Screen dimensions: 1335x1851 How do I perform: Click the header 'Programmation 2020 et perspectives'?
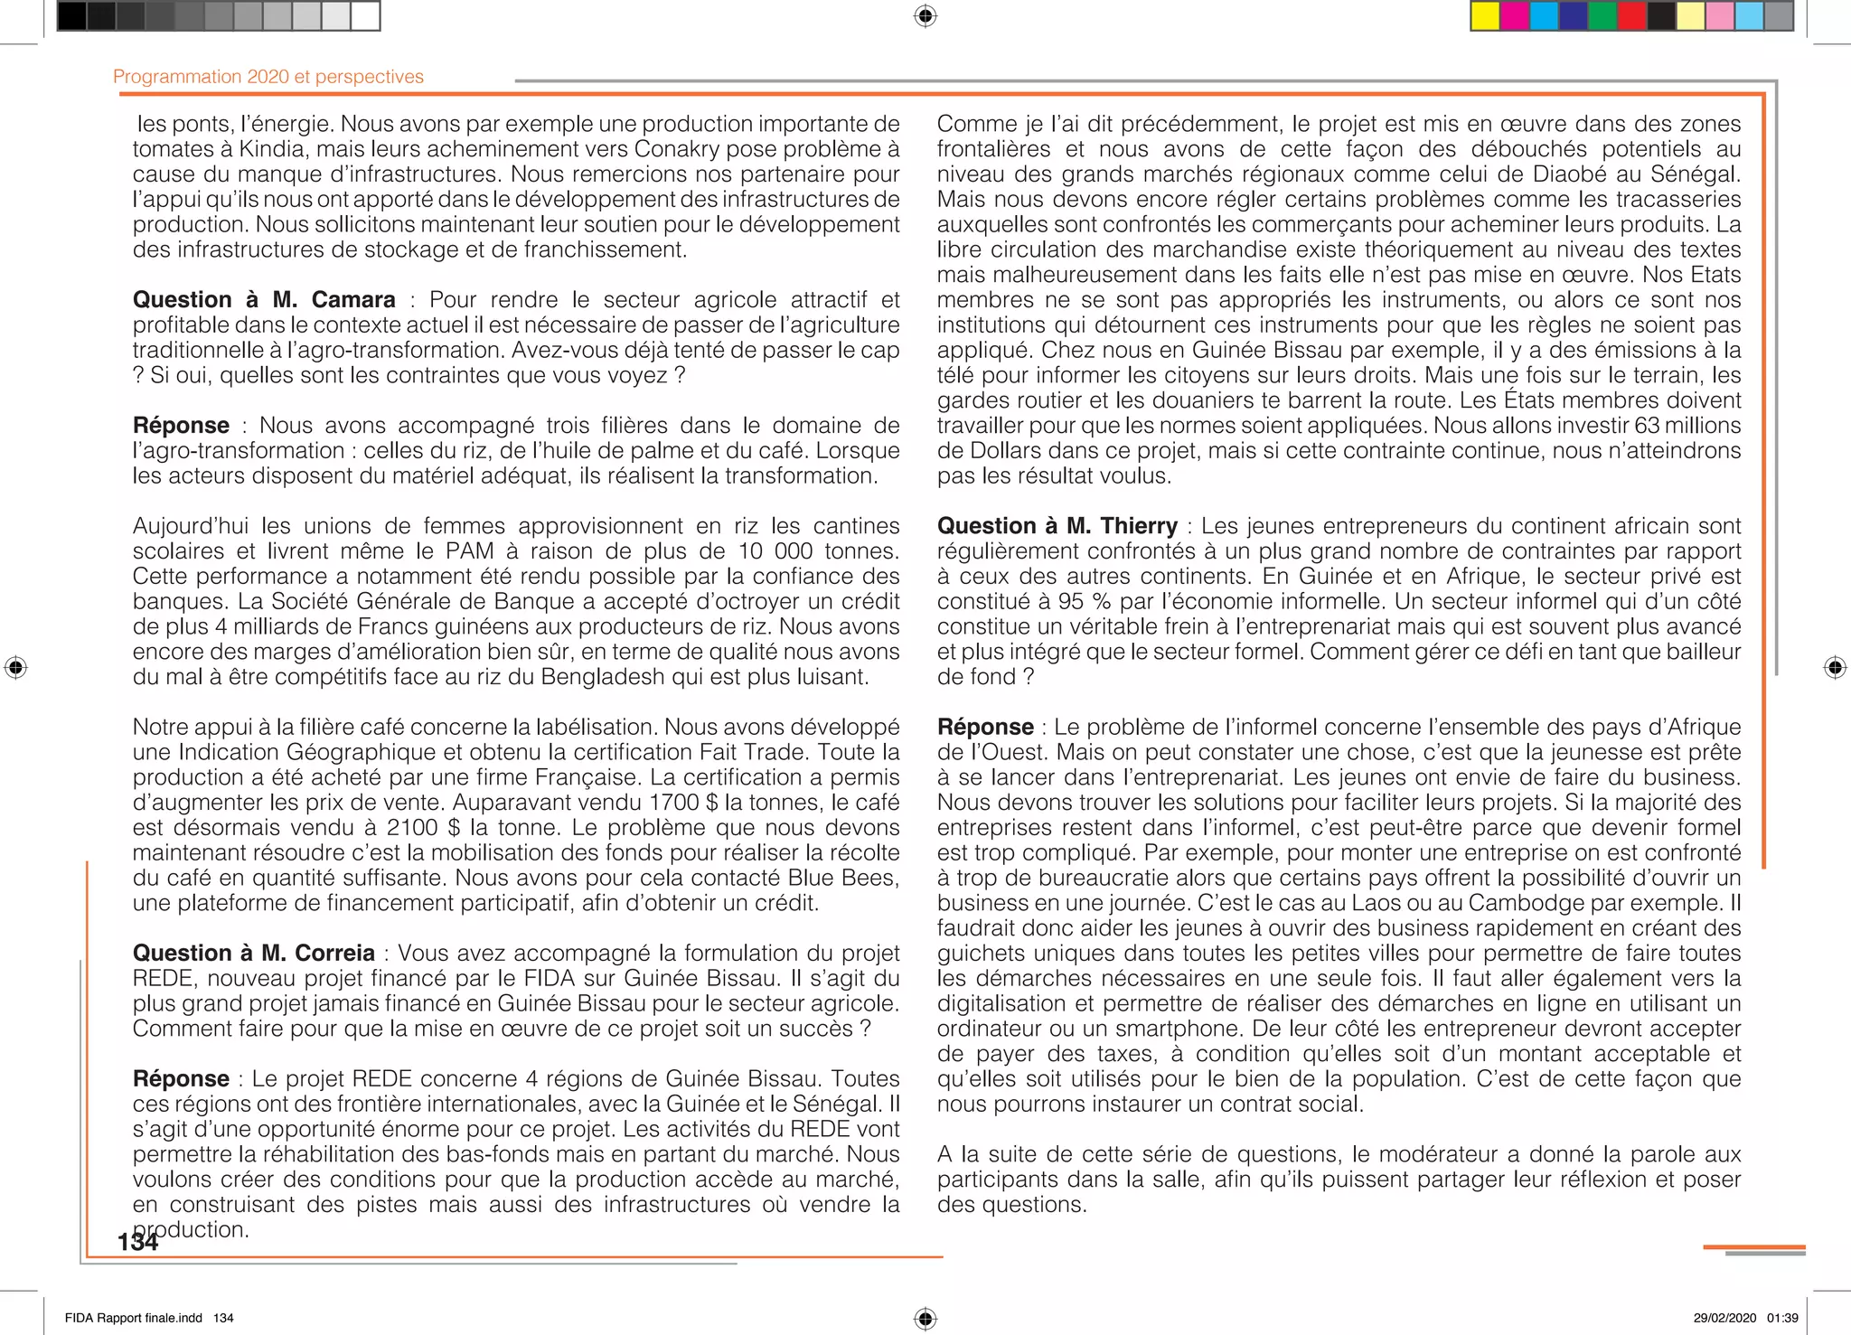268,77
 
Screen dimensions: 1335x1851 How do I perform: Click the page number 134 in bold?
137,1242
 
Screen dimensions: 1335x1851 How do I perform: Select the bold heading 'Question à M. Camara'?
264,300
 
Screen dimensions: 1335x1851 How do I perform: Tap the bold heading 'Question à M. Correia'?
253,954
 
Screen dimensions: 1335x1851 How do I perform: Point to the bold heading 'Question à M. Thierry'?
1057,526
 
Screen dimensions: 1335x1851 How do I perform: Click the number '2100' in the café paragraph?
413,828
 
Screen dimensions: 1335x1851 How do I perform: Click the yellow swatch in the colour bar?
1485,16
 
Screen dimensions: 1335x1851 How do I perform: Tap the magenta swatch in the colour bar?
1515,16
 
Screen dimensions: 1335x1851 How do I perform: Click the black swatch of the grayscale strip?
72,16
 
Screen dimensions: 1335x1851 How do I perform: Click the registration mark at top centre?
925,16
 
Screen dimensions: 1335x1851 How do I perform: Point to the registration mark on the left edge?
15,668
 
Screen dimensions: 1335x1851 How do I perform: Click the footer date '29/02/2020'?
1724,1318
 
